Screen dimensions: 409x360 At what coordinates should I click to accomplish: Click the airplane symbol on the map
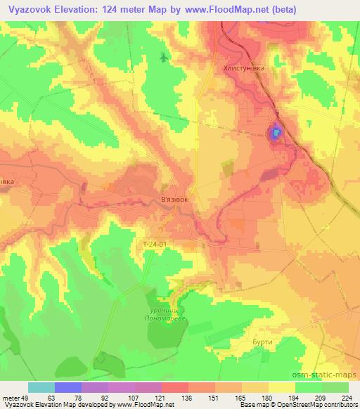[x=164, y=57]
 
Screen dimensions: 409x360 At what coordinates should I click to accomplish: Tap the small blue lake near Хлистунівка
[x=276, y=131]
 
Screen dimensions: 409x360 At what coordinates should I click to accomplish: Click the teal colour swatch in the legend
[x=41, y=387]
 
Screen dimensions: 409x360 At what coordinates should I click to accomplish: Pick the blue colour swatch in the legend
[x=68, y=387]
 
